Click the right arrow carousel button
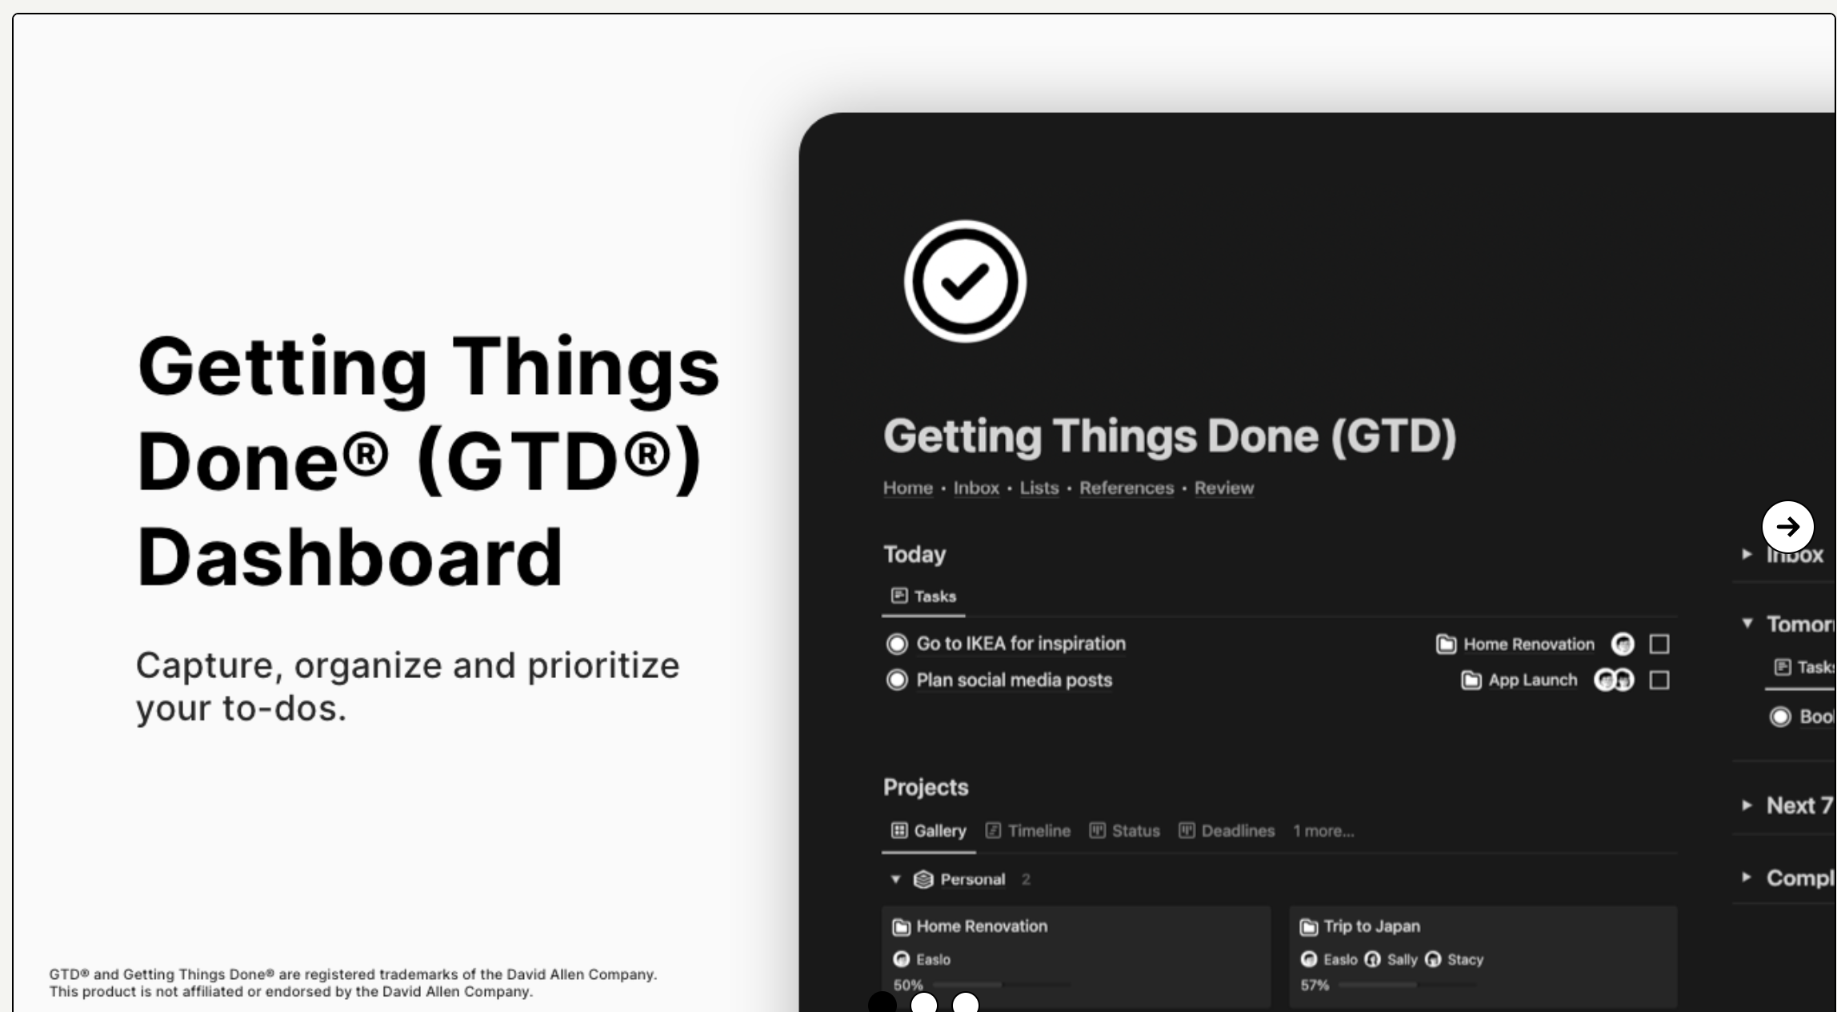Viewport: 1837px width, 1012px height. tap(1787, 526)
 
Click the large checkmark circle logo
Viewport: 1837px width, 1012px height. tap(965, 281)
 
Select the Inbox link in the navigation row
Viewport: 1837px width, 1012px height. tap(976, 488)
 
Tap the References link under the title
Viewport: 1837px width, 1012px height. tap(1126, 488)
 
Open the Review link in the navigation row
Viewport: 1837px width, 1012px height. tap(1223, 488)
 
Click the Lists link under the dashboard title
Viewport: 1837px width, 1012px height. tap(1039, 488)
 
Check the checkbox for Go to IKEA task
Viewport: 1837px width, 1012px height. tap(1659, 644)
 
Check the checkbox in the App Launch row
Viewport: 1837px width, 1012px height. tap(1659, 680)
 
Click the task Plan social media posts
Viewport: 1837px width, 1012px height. tap(1014, 680)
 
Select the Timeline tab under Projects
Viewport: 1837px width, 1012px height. tap(1028, 830)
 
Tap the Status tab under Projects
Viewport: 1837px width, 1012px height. tap(1125, 830)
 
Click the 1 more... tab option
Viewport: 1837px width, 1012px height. tap(1323, 830)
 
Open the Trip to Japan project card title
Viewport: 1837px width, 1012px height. tap(1371, 926)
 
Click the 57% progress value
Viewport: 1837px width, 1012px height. tap(1315, 985)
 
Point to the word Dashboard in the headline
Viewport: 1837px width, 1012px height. tap(350, 556)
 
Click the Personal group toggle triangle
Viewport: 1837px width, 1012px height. tap(895, 879)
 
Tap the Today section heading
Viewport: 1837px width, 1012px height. tap(914, 554)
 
